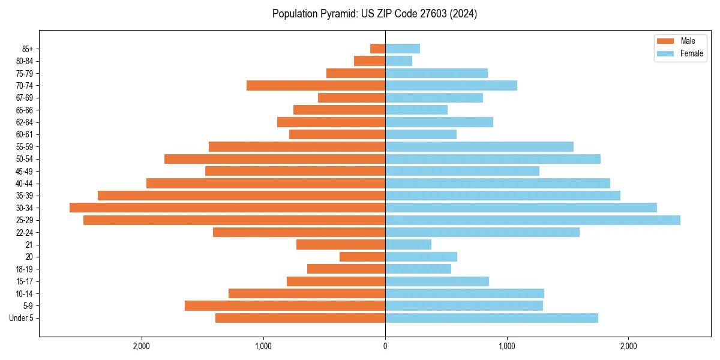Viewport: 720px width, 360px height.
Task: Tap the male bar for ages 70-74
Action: pyautogui.click(x=316, y=85)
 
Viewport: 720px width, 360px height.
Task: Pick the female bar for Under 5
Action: pyautogui.click(x=491, y=318)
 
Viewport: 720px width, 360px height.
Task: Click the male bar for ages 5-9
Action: pyautogui.click(x=285, y=306)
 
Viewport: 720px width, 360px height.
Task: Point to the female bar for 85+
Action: pyautogui.click(x=403, y=49)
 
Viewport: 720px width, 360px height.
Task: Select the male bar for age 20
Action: pyautogui.click(x=362, y=257)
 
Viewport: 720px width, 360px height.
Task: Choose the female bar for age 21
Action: pyautogui.click(x=408, y=245)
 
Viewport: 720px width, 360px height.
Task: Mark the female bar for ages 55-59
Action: pyautogui.click(x=479, y=146)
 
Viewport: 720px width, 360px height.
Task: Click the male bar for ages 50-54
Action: pyautogui.click(x=275, y=159)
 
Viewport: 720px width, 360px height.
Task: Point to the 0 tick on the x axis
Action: pyautogui.click(x=385, y=346)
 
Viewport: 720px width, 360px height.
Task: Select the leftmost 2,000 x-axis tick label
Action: pyautogui.click(x=142, y=346)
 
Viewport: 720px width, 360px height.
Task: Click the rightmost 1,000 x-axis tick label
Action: pyautogui.click(x=507, y=346)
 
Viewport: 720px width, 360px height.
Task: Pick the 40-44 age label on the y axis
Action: pyautogui.click(x=25, y=184)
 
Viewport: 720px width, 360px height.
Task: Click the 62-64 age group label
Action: pyautogui.click(x=25, y=122)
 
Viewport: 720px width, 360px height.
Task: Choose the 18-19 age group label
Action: pyautogui.click(x=25, y=269)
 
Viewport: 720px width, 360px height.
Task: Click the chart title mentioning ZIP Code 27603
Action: pyautogui.click(x=374, y=14)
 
